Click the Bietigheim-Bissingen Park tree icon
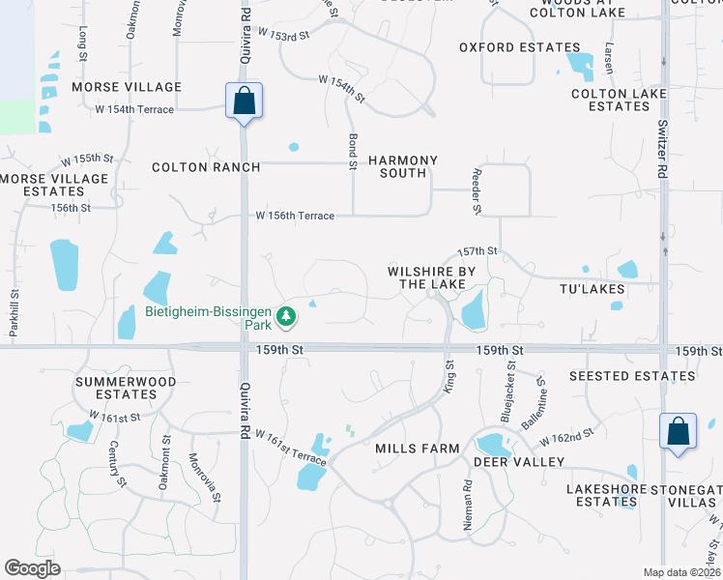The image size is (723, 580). [286, 316]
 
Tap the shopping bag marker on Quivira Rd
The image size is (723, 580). [245, 101]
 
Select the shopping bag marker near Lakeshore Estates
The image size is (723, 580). [679, 431]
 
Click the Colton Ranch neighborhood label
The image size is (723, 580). [206, 167]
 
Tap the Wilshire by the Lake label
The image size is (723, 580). [433, 278]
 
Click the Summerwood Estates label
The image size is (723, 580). [126, 388]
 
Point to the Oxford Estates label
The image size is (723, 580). [520, 46]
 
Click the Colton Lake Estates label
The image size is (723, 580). [611, 100]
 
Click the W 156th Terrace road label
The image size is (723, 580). [294, 216]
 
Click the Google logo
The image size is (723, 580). [32, 568]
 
